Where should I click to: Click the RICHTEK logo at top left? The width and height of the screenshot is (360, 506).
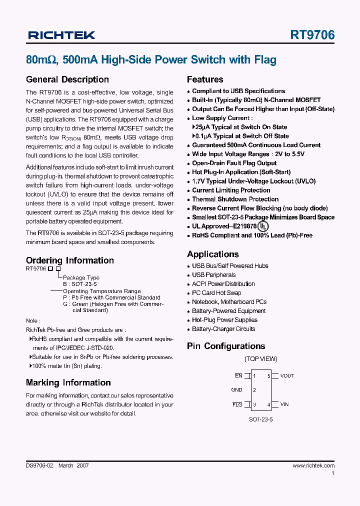[61, 35]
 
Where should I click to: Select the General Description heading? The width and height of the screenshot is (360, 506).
[67, 79]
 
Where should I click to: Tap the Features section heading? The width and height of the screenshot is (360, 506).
[205, 79]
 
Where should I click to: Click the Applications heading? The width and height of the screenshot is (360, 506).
[212, 254]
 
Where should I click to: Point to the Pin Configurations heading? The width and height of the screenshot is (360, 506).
[226, 346]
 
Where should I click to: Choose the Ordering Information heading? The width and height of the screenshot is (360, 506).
[69, 260]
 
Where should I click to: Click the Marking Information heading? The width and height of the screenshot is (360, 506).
[68, 382]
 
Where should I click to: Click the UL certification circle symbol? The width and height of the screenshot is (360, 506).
[263, 226]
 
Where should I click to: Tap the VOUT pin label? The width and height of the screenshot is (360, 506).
[287, 376]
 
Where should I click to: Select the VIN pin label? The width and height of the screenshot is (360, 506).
[284, 404]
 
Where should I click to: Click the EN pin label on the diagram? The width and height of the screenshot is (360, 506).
[238, 375]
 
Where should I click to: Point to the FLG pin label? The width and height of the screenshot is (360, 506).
[237, 404]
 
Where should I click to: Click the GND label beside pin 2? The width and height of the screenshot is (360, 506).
[236, 390]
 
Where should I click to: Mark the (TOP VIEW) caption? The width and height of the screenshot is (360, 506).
[260, 359]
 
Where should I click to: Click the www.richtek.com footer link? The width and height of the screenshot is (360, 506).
[313, 465]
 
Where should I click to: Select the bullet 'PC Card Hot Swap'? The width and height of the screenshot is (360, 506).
[216, 293]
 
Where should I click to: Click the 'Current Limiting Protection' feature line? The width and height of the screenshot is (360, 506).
[231, 190]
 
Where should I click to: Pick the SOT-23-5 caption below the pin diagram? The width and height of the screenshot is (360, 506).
[260, 419]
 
